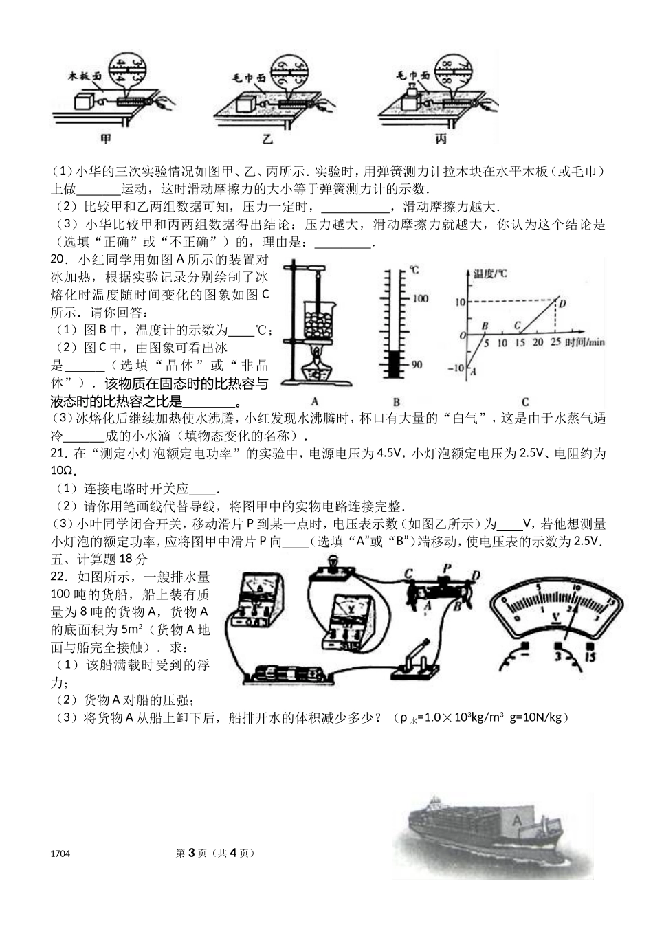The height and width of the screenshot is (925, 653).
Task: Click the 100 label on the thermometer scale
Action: (x=420, y=298)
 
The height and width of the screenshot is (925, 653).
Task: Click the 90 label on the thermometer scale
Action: (x=417, y=365)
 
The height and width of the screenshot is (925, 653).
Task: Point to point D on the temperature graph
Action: (x=562, y=303)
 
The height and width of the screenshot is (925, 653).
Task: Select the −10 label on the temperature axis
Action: (x=456, y=368)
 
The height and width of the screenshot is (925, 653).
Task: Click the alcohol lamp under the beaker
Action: (x=317, y=365)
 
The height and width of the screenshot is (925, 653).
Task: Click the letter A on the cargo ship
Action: (x=518, y=820)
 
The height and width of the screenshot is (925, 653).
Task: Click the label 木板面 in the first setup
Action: (x=84, y=76)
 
